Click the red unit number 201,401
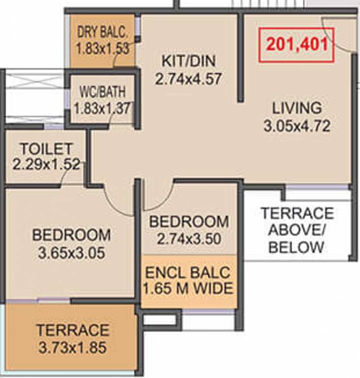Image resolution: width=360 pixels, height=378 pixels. (297, 45)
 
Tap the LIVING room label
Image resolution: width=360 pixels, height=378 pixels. (297, 108)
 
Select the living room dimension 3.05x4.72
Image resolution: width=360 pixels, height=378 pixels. (297, 126)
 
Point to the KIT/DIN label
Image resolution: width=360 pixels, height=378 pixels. (189, 61)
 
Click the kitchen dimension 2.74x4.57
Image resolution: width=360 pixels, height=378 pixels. (188, 79)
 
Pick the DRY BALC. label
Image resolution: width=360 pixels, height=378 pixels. (102, 32)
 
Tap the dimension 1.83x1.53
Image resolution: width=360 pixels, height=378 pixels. (103, 48)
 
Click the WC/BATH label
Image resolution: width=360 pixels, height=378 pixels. (103, 92)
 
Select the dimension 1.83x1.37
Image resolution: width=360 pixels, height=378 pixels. (103, 108)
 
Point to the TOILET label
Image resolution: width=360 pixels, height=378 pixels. (46, 149)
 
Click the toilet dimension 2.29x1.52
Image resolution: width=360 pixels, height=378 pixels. (46, 165)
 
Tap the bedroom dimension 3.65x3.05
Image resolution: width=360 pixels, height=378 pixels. (72, 253)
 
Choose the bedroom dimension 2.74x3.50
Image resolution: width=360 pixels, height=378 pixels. (189, 239)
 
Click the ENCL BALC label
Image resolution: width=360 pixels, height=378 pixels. (188, 272)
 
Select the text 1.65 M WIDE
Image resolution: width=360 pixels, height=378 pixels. (188, 288)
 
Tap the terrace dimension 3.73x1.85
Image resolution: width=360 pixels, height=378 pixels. (72, 348)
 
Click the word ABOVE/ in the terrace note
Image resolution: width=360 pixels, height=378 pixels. (297, 230)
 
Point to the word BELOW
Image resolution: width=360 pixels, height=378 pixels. (296, 248)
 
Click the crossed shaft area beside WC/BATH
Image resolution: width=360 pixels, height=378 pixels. (34, 96)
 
